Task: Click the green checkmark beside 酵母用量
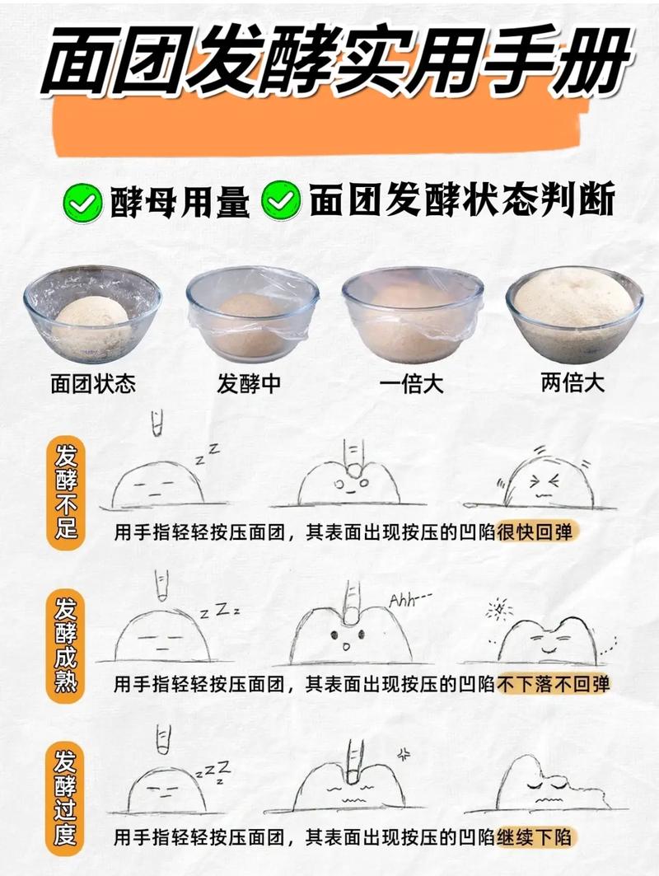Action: coord(81,203)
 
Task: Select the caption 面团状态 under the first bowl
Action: coord(92,384)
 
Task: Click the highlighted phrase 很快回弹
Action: coord(537,532)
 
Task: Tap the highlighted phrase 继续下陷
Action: coord(536,838)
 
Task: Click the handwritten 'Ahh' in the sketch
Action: coord(403,599)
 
